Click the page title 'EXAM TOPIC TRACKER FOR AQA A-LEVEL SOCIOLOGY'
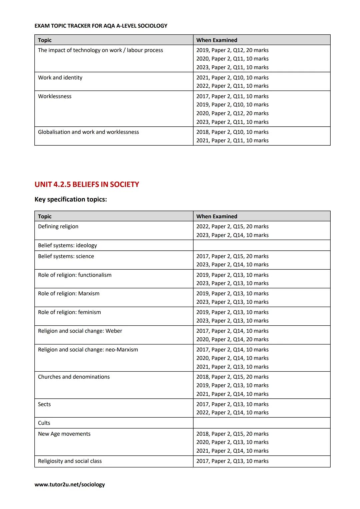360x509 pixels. click(101, 26)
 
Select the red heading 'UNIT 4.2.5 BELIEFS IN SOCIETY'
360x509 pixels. click(87, 184)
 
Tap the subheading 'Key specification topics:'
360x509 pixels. click(71, 199)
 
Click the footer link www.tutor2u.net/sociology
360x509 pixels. click(69, 484)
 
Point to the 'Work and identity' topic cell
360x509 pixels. click(60, 78)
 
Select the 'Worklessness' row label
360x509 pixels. click(55, 96)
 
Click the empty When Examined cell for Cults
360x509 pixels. click(261, 423)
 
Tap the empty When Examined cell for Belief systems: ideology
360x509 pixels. click(261, 245)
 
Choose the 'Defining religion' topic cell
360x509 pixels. click(58, 226)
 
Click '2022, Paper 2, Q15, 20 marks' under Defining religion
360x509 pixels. click(232, 226)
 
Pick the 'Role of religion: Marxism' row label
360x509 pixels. click(69, 293)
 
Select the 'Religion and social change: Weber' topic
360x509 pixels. click(80, 331)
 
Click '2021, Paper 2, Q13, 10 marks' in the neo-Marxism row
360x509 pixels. click(232, 367)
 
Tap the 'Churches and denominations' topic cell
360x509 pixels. click(74, 377)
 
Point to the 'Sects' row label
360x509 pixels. click(44, 404)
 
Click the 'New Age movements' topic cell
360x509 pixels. click(64, 434)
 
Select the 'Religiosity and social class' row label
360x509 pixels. click(70, 461)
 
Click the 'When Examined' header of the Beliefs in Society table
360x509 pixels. click(217, 216)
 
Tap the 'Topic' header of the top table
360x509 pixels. click(45, 40)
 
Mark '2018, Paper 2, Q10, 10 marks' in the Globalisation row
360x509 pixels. click(232, 132)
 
